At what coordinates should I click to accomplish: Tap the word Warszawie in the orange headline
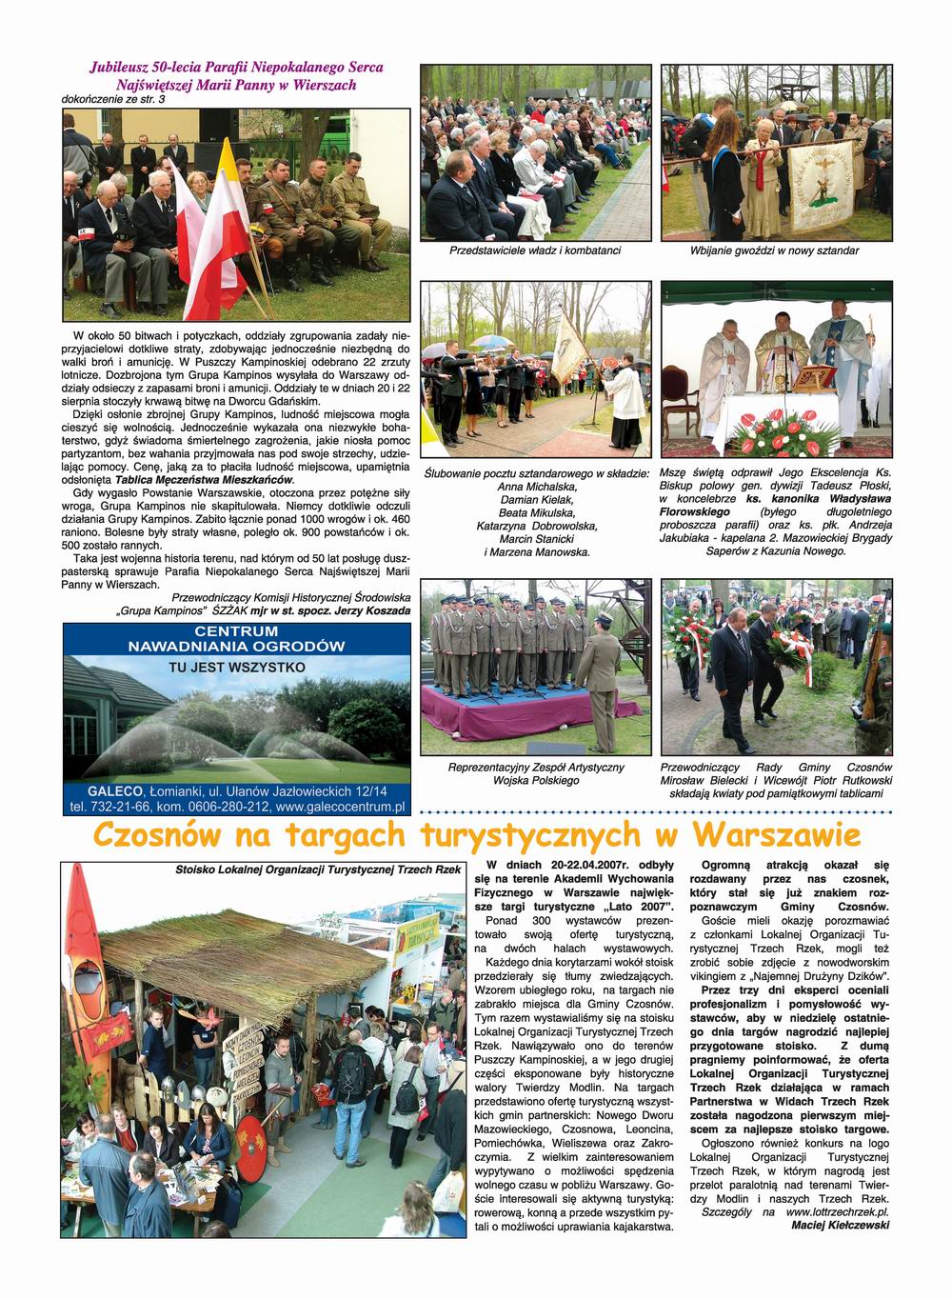pyautogui.click(x=777, y=835)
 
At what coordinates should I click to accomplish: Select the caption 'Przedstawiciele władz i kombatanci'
pyautogui.click(x=535, y=251)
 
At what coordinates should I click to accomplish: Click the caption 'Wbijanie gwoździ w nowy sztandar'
pyautogui.click(x=775, y=251)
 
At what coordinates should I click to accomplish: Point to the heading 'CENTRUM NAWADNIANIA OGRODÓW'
pyautogui.click(x=236, y=639)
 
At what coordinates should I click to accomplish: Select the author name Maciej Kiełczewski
pyautogui.click(x=840, y=1226)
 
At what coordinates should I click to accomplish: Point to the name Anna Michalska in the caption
pyautogui.click(x=536, y=486)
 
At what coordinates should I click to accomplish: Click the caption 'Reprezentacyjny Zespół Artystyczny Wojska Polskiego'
pyautogui.click(x=536, y=773)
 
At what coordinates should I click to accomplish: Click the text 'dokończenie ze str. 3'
pyautogui.click(x=113, y=99)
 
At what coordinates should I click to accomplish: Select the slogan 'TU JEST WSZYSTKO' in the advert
pyautogui.click(x=236, y=668)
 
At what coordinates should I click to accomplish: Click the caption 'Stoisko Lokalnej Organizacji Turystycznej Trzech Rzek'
pyautogui.click(x=317, y=869)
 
